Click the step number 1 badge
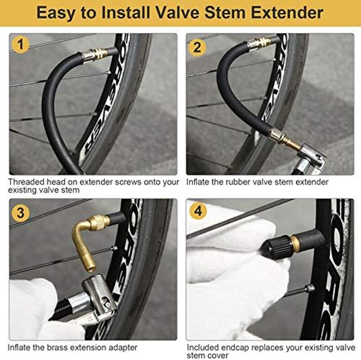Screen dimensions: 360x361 pyautogui.click(x=21, y=46)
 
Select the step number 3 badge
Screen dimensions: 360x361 pyautogui.click(x=21, y=211)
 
